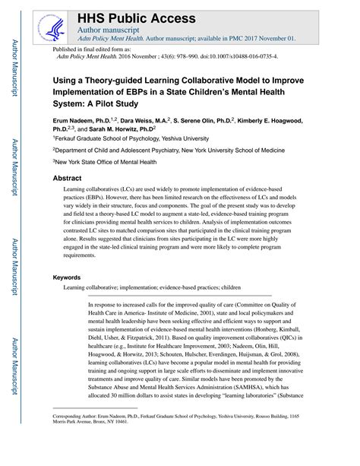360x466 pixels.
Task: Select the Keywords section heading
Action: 70,277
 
